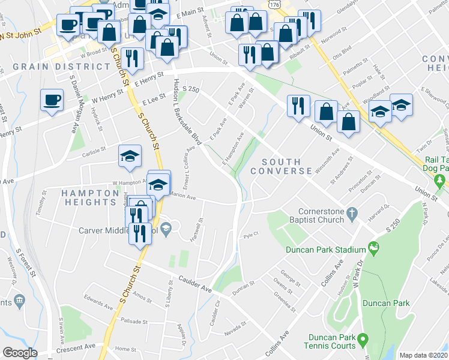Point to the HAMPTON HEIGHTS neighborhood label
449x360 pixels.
[x=90, y=197]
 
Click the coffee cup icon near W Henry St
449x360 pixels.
[x=52, y=99]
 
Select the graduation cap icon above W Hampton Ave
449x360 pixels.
[x=129, y=156]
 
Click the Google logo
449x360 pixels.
[x=20, y=353]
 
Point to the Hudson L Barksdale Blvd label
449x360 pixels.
[x=186, y=112]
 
